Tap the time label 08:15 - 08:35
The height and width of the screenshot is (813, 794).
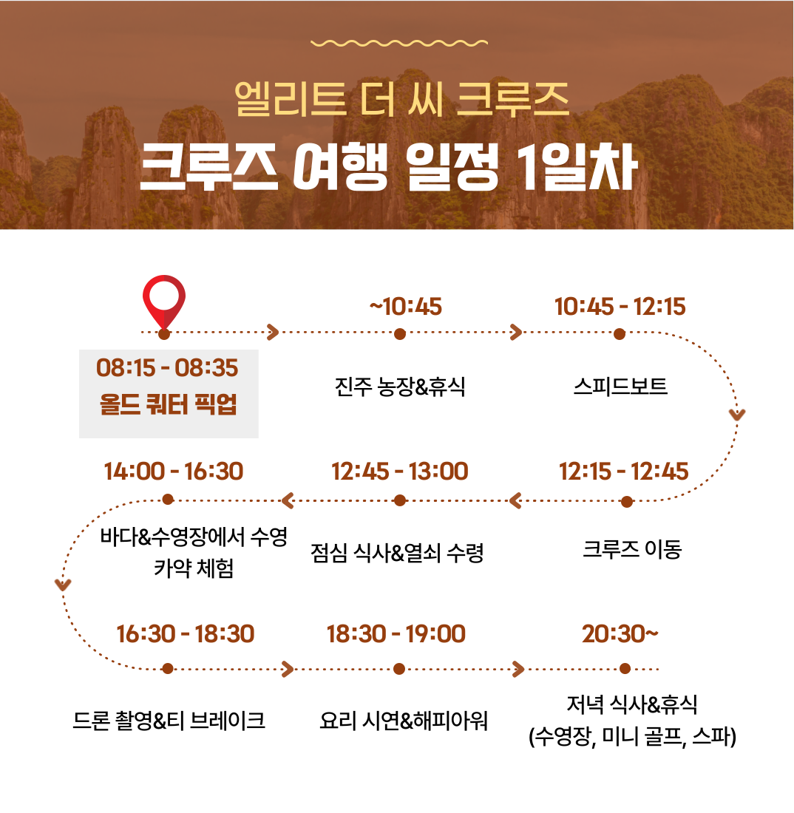coord(167,367)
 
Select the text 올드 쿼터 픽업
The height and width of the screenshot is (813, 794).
coord(168,404)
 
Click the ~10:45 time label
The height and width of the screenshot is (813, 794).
coord(406,307)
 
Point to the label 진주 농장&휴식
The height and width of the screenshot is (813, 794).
coord(400,387)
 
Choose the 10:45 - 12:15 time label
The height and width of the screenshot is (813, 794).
coord(620,307)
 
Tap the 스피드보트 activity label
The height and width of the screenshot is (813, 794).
coord(620,387)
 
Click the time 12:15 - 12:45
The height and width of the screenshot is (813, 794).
coord(624,472)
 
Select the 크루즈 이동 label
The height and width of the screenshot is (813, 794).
coord(631,549)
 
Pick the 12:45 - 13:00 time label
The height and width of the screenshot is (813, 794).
coord(400,472)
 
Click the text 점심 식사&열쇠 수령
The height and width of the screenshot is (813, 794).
coord(397,553)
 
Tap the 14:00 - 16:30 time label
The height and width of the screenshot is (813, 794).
coord(174,472)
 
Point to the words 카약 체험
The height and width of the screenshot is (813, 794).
coord(194,568)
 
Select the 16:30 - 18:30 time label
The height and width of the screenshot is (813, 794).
coord(185,633)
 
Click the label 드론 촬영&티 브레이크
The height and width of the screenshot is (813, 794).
coord(169,720)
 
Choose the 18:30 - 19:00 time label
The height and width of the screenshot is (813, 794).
coord(396,633)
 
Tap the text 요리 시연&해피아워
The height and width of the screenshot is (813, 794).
coord(404,720)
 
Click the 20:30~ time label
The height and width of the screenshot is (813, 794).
coord(620,633)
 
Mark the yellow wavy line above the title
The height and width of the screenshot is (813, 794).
coord(398,43)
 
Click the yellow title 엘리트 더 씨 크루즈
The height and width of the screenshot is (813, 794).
coord(402,99)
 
